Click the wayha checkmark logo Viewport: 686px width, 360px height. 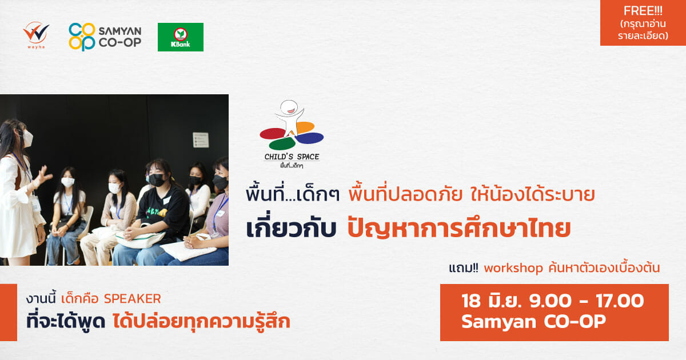[36, 33]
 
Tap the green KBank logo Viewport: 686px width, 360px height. [181, 37]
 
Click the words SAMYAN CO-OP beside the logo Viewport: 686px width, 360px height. [120, 37]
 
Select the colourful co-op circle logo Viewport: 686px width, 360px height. [82, 37]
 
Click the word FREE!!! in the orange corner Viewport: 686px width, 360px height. [643, 11]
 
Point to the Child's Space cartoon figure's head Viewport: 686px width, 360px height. [289, 107]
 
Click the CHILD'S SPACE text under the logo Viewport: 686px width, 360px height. [292, 157]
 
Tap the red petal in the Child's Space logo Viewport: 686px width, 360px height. [272, 134]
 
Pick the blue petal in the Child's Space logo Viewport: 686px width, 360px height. [310, 138]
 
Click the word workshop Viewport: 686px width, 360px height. [513, 268]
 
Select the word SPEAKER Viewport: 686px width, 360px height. [132, 299]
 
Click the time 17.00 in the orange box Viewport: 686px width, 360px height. [620, 301]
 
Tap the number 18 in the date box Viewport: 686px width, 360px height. [471, 301]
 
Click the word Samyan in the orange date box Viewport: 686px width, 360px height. [498, 322]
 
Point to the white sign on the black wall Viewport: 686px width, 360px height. [201, 140]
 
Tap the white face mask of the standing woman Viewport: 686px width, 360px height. [27, 139]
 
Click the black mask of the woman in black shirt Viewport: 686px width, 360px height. [157, 180]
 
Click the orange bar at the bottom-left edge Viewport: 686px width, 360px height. [9, 313]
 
